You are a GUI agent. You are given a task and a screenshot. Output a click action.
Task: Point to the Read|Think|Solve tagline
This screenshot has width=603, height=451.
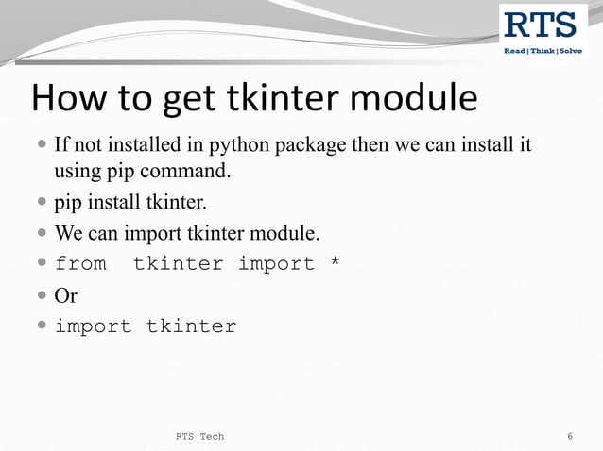pyautogui.click(x=543, y=50)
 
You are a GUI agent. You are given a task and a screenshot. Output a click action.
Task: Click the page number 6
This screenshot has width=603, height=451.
pyautogui.click(x=570, y=436)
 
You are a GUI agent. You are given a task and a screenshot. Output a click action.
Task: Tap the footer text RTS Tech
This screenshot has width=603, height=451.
pyautogui.click(x=200, y=436)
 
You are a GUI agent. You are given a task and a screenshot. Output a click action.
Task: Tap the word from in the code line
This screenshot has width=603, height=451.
pyautogui.click(x=80, y=264)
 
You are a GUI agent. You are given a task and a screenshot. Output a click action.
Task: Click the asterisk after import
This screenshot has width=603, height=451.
pyautogui.click(x=334, y=263)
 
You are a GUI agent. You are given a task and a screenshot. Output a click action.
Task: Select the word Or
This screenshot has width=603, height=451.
pyautogui.click(x=66, y=295)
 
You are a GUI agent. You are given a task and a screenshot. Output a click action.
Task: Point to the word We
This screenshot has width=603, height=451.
pyautogui.click(x=69, y=233)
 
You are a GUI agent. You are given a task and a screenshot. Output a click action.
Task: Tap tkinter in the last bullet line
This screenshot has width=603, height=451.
pyautogui.click(x=191, y=326)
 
